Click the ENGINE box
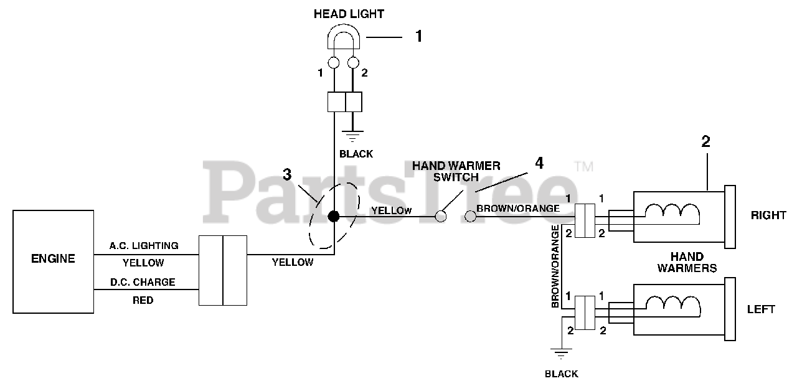tap(53, 261)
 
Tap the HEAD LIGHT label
tap(349, 14)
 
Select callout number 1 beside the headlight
tap(419, 37)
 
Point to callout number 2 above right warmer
tap(705, 142)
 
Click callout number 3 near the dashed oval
tap(287, 175)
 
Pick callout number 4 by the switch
tap(539, 163)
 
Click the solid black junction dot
tap(334, 216)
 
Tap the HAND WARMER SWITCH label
tap(456, 171)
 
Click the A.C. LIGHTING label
tap(144, 246)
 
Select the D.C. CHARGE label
tap(143, 282)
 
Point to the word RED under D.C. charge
tap(143, 300)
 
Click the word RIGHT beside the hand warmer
tap(768, 215)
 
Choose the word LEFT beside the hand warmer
tap(761, 309)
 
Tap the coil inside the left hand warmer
tap(672, 304)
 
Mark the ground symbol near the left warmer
tap(562, 355)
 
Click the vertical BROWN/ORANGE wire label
tap(555, 266)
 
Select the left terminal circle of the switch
tap(441, 216)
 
